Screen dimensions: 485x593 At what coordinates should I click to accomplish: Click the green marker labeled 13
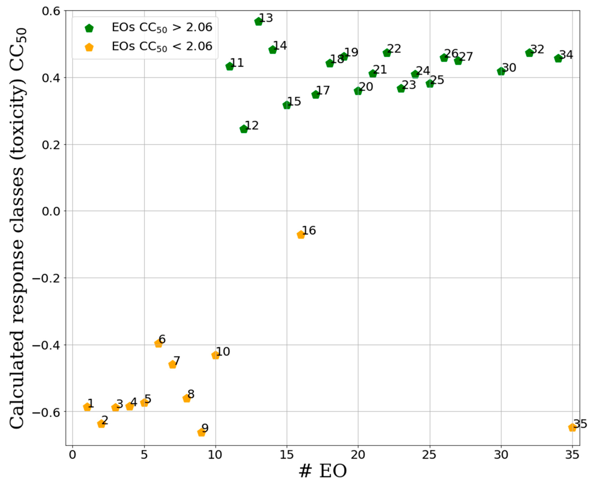pos(258,22)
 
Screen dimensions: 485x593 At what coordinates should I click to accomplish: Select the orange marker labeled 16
pos(301,235)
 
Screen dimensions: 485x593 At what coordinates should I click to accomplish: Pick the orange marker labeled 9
pos(201,433)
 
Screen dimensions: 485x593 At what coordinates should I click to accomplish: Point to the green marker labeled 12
pos(244,129)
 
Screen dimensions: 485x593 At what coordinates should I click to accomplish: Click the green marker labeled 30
pos(501,71)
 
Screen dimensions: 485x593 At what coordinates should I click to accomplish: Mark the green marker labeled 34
pos(558,59)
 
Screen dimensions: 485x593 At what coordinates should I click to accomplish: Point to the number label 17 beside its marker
pos(323,90)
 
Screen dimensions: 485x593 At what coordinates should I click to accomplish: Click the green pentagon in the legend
pos(89,28)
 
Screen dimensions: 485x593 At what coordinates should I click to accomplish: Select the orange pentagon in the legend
pos(89,47)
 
